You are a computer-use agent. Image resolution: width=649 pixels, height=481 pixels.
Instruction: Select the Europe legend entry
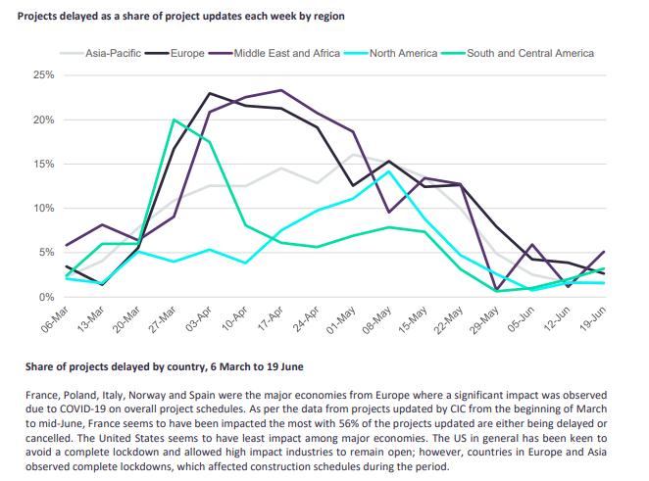click(183, 53)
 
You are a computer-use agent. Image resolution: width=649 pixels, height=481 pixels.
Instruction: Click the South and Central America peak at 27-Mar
click(174, 120)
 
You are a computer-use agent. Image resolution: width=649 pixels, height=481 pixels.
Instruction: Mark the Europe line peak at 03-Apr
click(210, 94)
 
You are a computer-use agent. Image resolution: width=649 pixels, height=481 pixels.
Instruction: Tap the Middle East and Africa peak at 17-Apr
click(281, 90)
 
